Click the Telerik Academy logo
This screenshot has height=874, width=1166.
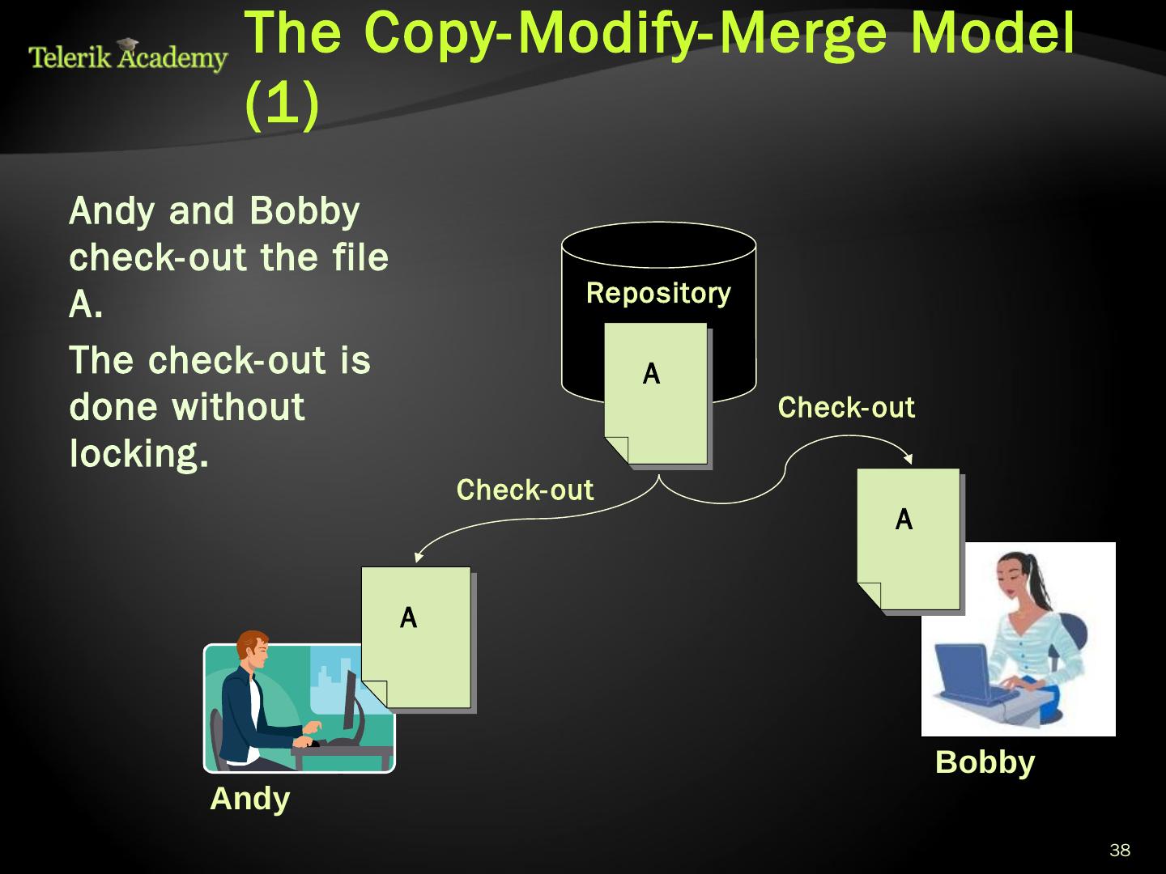128,56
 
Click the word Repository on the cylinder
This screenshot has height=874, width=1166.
657,293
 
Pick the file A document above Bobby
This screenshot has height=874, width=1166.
909,539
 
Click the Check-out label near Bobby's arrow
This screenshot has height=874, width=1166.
846,407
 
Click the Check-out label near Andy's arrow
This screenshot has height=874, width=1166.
525,490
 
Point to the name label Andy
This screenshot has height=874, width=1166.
249,799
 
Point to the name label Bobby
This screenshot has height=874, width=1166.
985,762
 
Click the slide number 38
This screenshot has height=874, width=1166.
1120,850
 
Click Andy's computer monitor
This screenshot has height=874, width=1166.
350,700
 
